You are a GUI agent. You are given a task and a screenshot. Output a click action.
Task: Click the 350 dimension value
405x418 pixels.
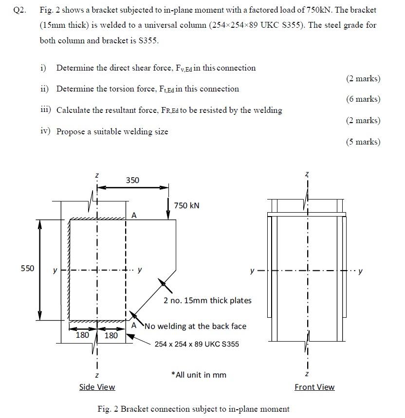(x=132, y=181)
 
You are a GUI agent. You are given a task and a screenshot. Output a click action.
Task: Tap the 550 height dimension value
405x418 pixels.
(x=28, y=269)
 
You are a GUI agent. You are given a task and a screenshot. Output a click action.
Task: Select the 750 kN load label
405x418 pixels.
(x=186, y=205)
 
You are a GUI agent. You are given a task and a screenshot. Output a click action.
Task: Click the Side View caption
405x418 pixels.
(x=97, y=387)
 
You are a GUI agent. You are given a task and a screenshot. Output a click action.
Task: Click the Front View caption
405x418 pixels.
(x=314, y=387)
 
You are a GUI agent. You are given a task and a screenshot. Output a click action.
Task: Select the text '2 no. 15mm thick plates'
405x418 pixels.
(x=207, y=300)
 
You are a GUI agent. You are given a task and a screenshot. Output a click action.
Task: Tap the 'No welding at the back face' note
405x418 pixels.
(x=195, y=326)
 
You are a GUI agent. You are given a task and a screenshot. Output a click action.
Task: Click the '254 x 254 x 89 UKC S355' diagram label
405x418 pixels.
(x=197, y=344)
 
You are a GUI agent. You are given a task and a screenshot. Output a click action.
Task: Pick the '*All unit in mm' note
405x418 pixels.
(x=199, y=375)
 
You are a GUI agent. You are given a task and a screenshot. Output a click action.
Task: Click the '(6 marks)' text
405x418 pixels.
(x=363, y=99)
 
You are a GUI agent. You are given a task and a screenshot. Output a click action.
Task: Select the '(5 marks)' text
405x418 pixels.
(x=363, y=142)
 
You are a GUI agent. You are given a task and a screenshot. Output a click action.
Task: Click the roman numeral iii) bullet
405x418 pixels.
(x=46, y=110)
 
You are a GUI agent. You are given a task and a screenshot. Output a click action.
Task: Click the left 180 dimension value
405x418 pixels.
(x=82, y=335)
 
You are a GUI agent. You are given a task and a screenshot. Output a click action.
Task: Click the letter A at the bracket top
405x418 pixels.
(x=134, y=215)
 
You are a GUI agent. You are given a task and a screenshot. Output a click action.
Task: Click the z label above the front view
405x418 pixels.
(x=307, y=174)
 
